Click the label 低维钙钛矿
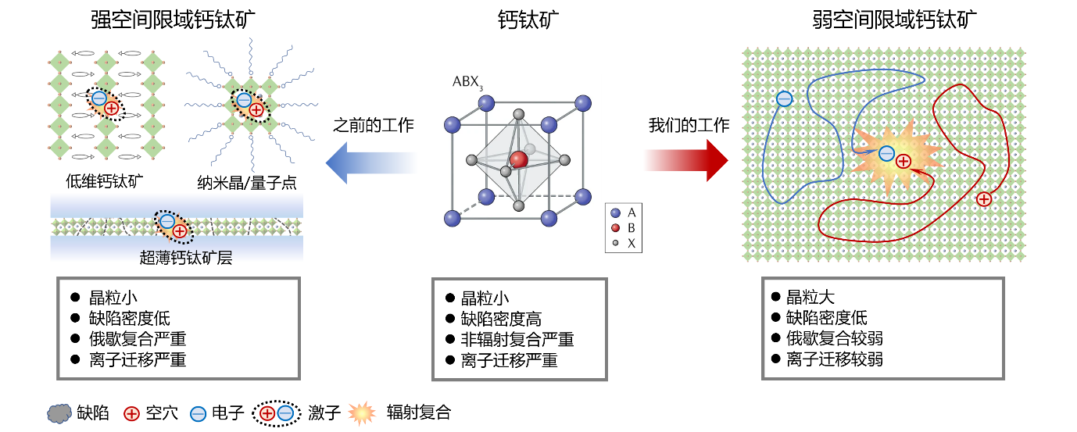(104, 182)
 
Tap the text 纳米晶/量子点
(247, 183)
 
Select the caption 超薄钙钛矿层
(186, 258)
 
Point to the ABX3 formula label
(468, 84)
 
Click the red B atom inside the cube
(518, 159)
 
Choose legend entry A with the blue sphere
(623, 212)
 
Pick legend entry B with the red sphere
(623, 227)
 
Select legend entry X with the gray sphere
(623, 243)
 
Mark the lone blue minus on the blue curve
(784, 98)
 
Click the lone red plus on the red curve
(984, 199)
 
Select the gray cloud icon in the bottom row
(59, 413)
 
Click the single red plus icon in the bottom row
(131, 414)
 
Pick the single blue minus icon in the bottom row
(199, 414)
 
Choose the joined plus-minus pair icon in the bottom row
(277, 413)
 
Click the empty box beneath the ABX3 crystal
(519, 329)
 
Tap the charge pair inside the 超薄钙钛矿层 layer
(174, 227)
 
